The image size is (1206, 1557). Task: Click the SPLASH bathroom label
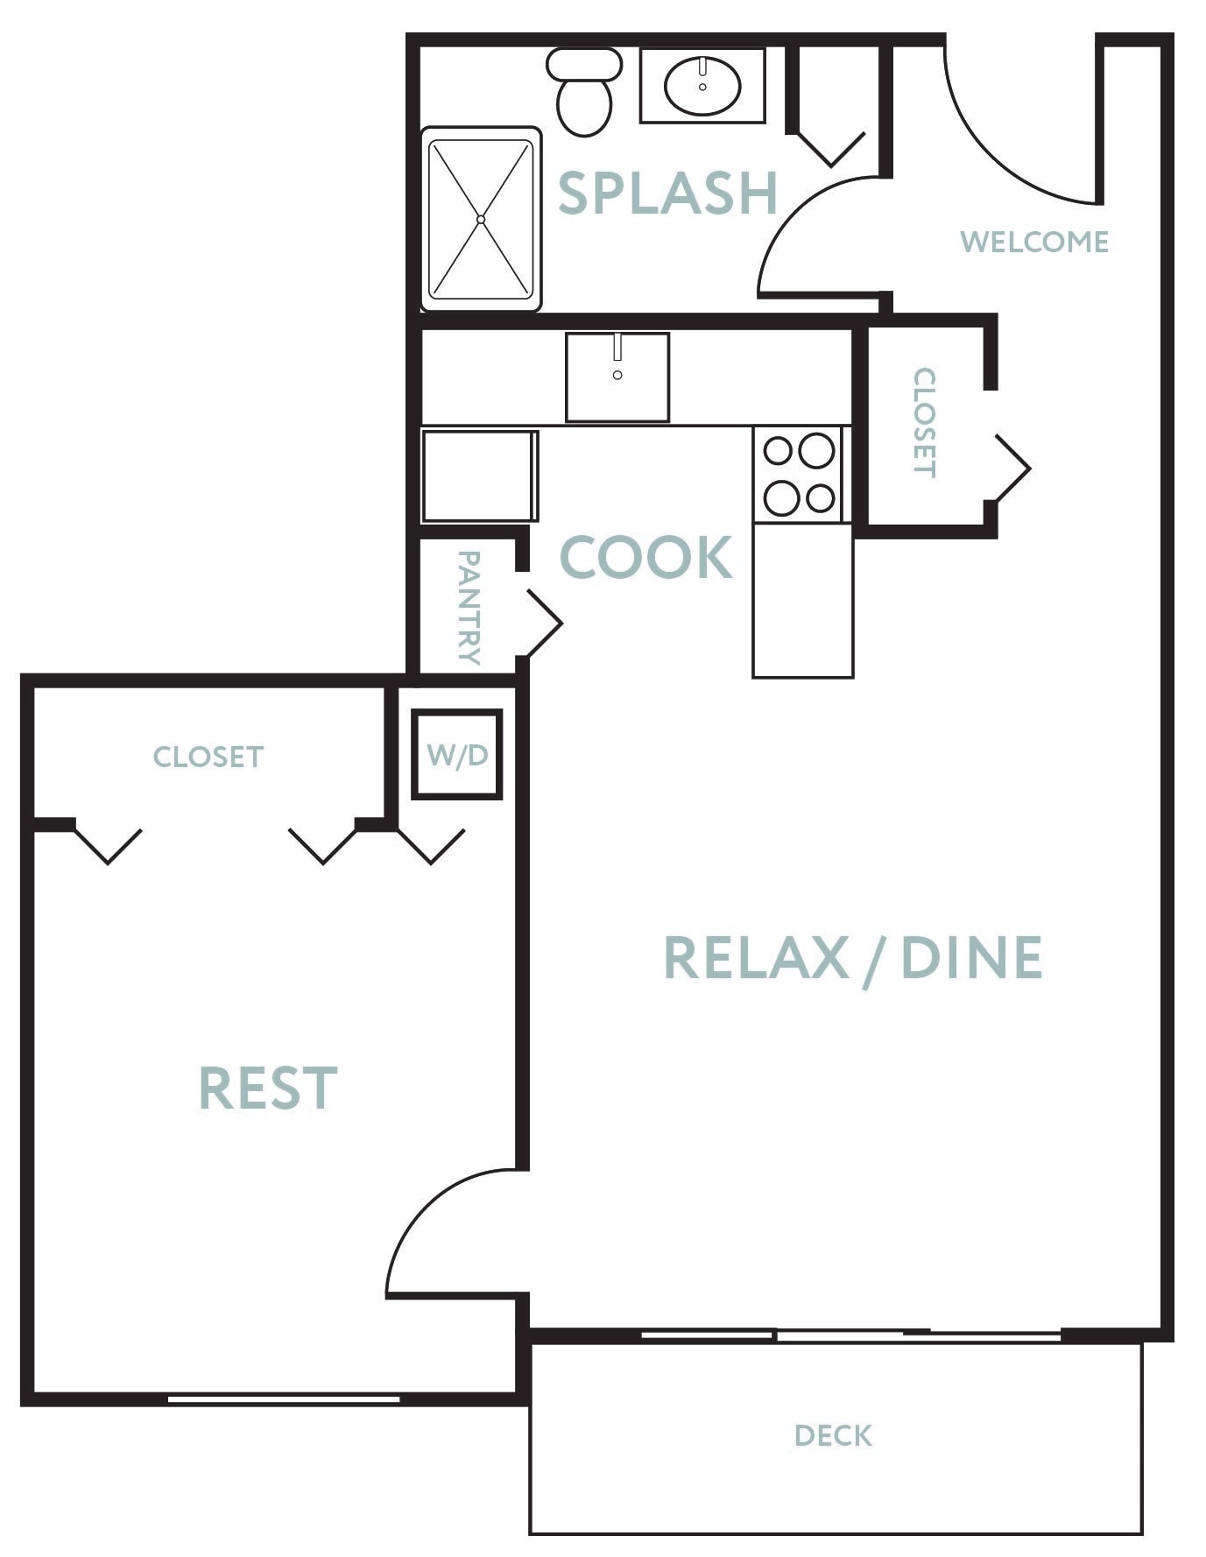click(668, 193)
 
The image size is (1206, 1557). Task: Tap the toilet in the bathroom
click(584, 91)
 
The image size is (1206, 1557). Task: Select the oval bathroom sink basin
click(702, 86)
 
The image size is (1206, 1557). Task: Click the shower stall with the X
click(481, 219)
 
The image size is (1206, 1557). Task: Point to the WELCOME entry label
click(1034, 242)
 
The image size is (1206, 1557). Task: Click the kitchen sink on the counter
click(617, 377)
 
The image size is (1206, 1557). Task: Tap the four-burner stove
click(799, 475)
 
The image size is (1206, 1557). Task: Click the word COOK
click(646, 557)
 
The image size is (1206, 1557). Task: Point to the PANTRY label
click(469, 608)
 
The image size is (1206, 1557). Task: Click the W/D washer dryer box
click(457, 754)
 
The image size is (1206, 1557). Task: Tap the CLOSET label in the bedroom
click(208, 757)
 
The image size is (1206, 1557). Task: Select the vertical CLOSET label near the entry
click(925, 422)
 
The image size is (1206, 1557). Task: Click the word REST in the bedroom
click(268, 1088)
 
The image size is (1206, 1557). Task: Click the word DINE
click(971, 956)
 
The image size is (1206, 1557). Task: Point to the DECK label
click(833, 1435)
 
